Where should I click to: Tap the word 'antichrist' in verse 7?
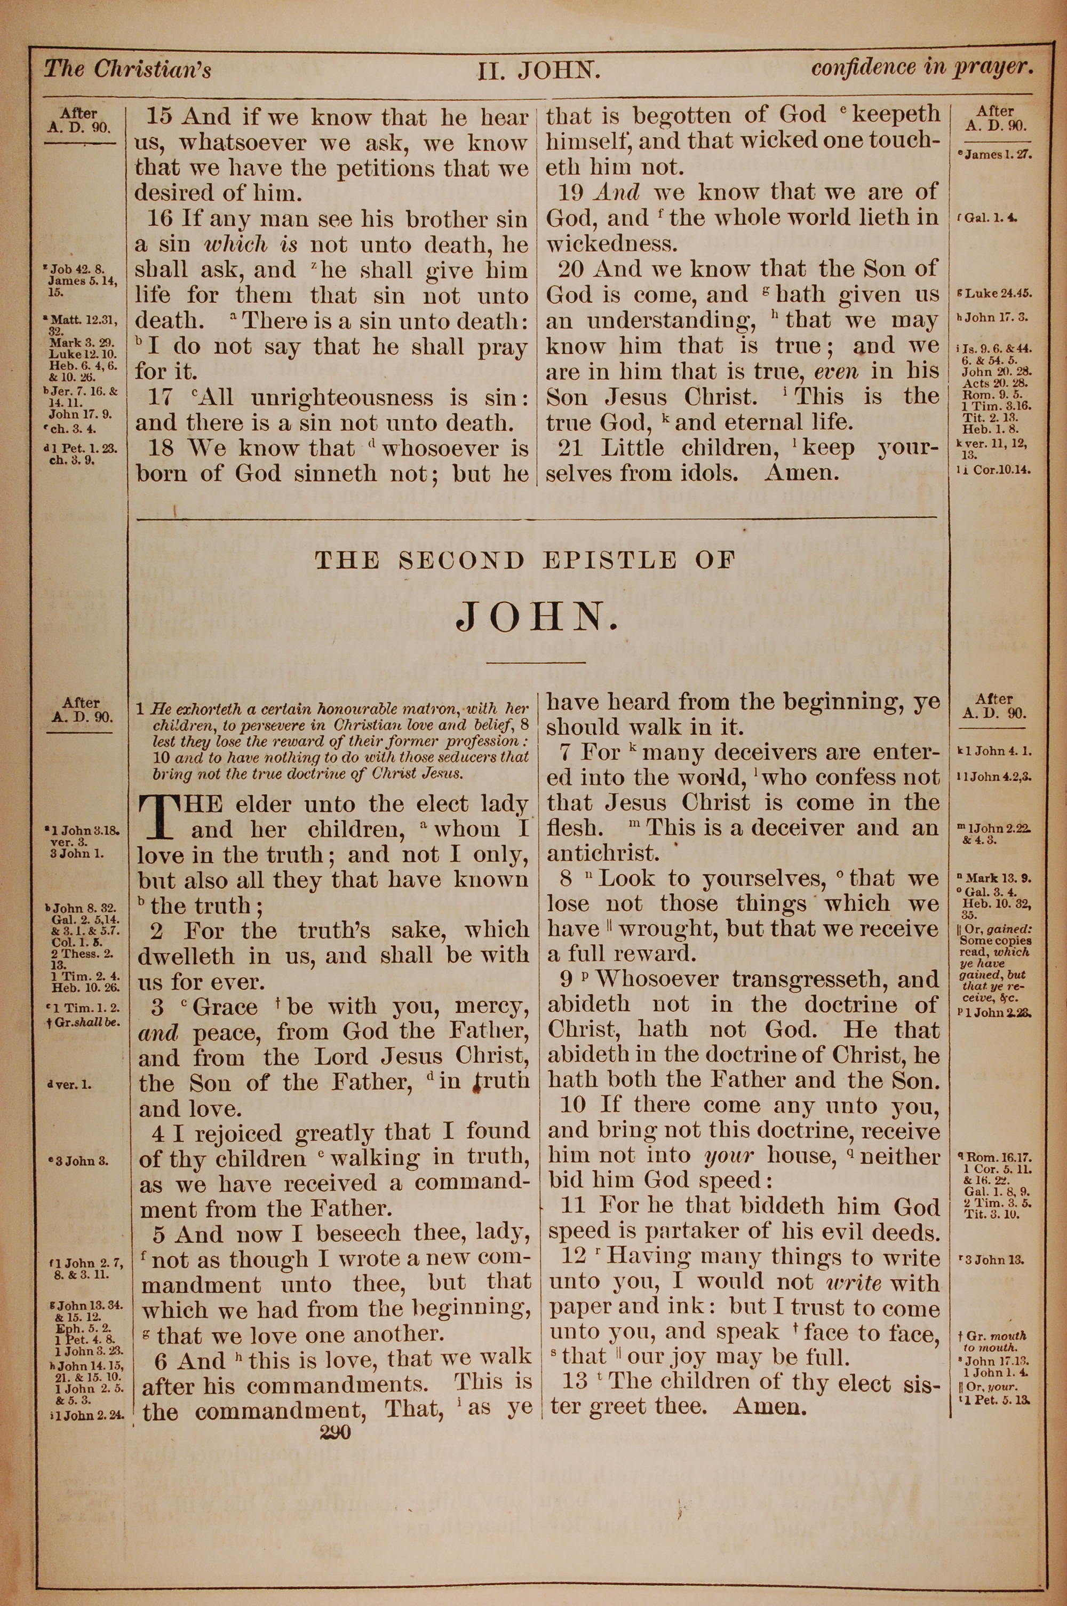coord(603,852)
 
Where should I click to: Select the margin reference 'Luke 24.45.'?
coord(998,294)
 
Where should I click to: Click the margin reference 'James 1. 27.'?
coord(998,154)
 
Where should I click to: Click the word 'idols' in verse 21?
coord(708,473)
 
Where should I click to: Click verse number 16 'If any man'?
coord(161,219)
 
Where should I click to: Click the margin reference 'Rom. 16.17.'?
coord(998,1155)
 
